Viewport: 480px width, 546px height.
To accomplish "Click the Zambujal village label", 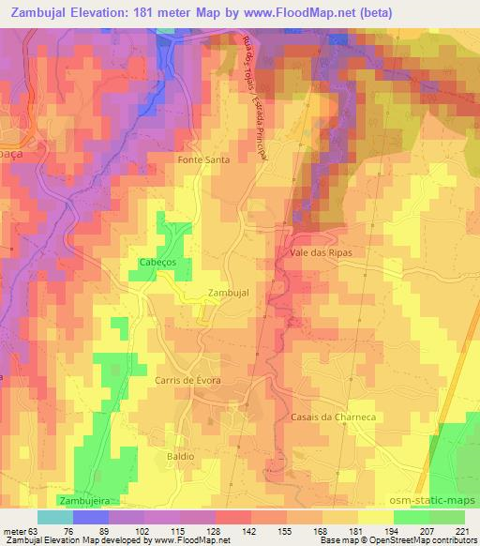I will pos(228,293).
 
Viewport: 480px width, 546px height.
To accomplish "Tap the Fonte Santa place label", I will pos(203,160).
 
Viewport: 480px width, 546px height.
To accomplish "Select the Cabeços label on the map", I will pos(157,262).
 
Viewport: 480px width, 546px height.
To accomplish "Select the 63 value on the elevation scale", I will pos(36,530).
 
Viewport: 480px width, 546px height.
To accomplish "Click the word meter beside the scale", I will pos(14,530).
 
